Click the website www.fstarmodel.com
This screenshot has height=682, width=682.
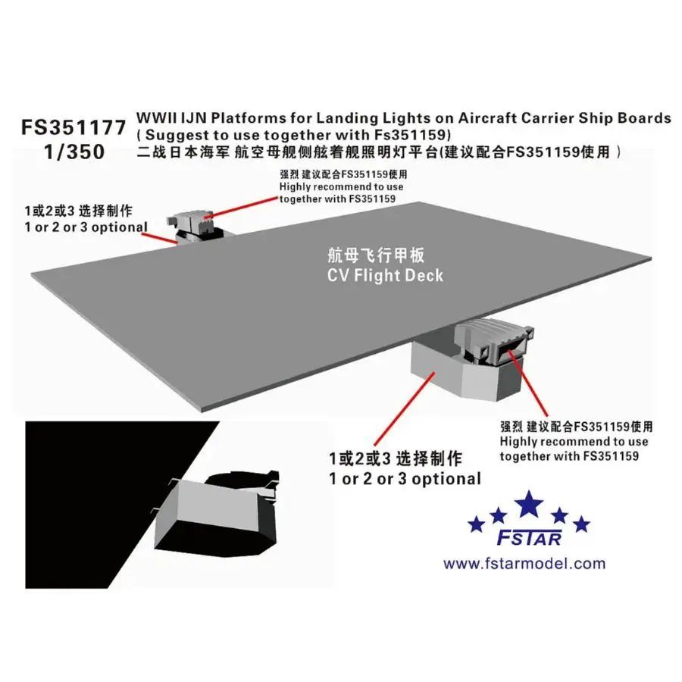coord(524,563)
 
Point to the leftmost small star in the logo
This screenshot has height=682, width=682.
coord(475,524)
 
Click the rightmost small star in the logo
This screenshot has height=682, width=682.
coord(582,524)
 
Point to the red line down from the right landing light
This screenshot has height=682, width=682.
coord(530,386)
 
